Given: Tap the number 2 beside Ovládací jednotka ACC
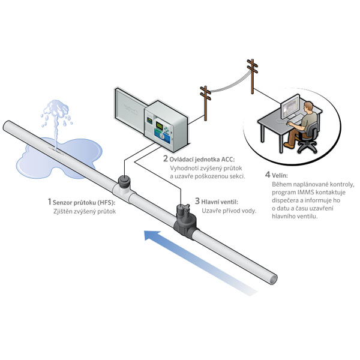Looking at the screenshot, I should [x=166, y=158].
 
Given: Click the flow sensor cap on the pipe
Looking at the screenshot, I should [x=125, y=180].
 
